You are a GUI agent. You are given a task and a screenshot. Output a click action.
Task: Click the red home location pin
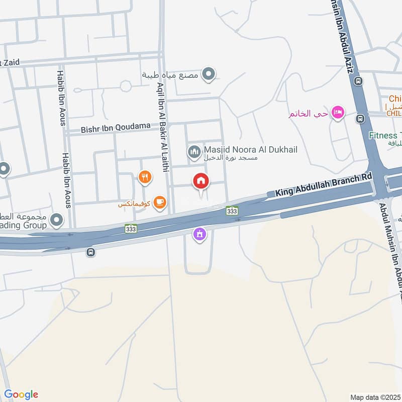(202, 181)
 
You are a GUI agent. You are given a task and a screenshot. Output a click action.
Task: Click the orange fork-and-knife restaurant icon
(144, 176)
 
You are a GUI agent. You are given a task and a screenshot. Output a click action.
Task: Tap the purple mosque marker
(200, 234)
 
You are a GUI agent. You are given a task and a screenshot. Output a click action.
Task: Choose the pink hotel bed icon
(338, 113)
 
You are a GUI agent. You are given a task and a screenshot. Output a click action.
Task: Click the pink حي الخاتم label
(308, 114)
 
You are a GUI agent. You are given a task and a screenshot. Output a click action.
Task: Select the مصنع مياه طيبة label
(170, 75)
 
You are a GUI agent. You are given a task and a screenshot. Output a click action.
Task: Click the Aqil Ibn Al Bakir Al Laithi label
(161, 125)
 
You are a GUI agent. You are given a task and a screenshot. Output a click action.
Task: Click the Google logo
(21, 394)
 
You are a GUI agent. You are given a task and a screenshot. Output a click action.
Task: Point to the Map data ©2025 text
(374, 397)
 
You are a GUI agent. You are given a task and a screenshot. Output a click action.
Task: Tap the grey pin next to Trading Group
(57, 220)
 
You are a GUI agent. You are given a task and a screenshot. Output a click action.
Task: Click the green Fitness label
(385, 135)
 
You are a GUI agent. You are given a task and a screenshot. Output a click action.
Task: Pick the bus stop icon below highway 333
(90, 251)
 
